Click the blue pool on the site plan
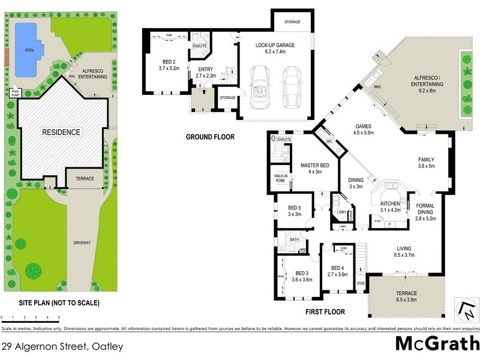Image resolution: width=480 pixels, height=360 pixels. coord(28,50)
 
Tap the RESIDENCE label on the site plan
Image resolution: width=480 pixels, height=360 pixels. coord(61,131)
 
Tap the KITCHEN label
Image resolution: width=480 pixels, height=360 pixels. coord(391,203)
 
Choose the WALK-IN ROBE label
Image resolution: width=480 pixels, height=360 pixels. coord(281,178)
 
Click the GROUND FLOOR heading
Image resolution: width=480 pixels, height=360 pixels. coord(210,137)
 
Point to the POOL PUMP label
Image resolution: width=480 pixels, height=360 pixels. coord(15,93)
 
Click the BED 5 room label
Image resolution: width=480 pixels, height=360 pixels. coord(293,208)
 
